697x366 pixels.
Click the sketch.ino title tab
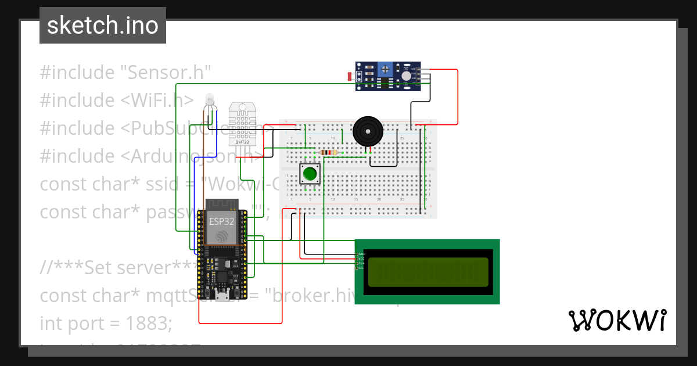coord(102,26)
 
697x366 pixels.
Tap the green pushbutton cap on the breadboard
coord(310,173)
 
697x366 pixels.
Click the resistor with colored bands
coord(329,153)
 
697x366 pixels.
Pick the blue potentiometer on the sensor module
coord(385,70)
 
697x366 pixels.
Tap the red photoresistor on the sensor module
coord(351,76)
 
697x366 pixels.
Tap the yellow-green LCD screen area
coord(427,271)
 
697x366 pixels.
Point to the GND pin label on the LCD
coord(361,254)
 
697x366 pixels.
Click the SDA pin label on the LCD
coord(361,263)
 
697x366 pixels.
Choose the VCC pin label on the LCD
coord(361,259)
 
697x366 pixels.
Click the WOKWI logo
coord(617,321)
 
